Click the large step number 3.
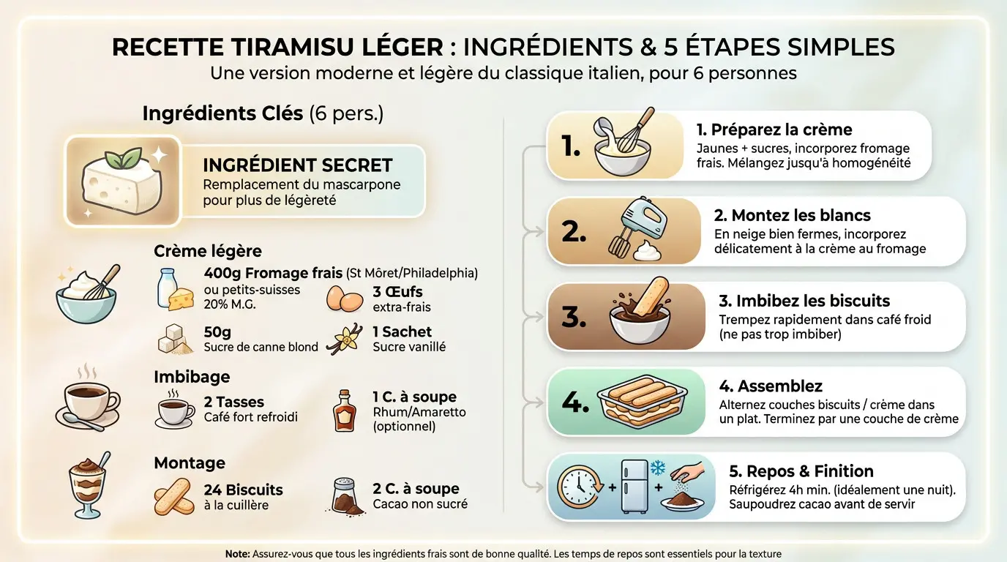coord(574,317)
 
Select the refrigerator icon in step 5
coord(634,487)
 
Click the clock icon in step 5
coord(577,486)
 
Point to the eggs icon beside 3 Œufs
coord(344,298)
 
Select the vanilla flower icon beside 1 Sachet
coord(345,340)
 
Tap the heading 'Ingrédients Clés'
coord(222,113)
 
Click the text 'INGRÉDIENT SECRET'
coord(297,165)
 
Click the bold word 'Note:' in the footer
coord(237,554)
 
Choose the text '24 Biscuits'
coord(243,490)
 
